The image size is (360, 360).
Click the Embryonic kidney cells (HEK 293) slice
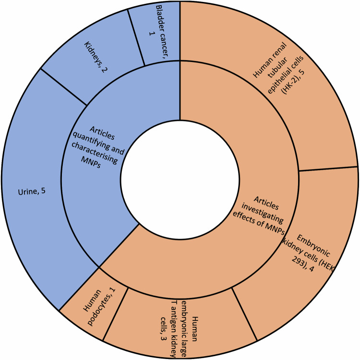coord(307,260)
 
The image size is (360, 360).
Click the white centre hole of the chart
coord(180,180)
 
